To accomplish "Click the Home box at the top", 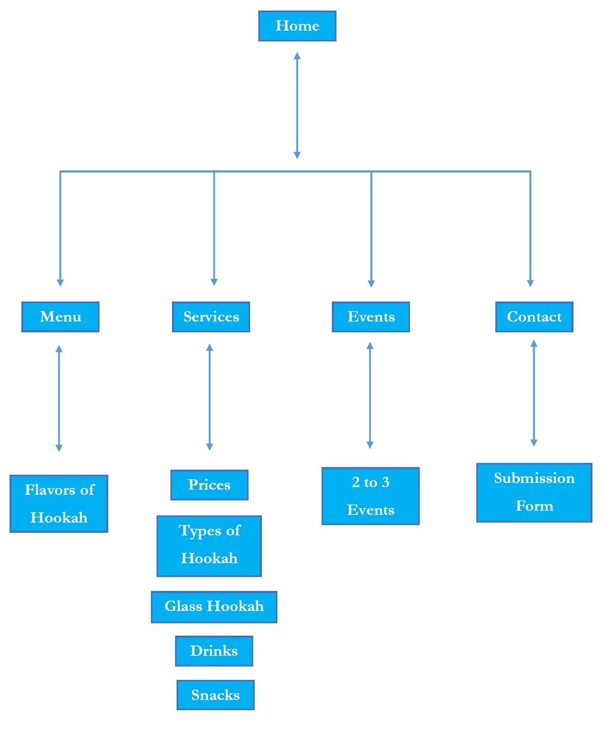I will click(297, 26).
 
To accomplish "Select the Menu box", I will click(60, 317).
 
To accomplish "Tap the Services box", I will click(211, 317).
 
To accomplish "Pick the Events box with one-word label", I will click(371, 317).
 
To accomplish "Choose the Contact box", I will click(534, 317).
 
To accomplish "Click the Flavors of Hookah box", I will click(59, 503).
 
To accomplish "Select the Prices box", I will click(209, 485).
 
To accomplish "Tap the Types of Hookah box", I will click(209, 546).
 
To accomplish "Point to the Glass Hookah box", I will click(214, 606).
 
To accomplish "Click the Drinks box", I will click(214, 651).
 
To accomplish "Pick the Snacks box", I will click(216, 695).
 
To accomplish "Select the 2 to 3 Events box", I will click(370, 496).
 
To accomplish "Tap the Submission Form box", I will click(534, 492).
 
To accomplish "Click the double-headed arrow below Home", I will click(297, 105).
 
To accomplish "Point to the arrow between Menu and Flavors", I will click(59, 398).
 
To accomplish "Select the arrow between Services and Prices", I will click(209, 397).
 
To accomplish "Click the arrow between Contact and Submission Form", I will click(533, 393).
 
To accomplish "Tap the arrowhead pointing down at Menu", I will click(60, 282).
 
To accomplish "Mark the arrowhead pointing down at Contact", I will click(530, 282).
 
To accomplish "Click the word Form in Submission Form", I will click(534, 506).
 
